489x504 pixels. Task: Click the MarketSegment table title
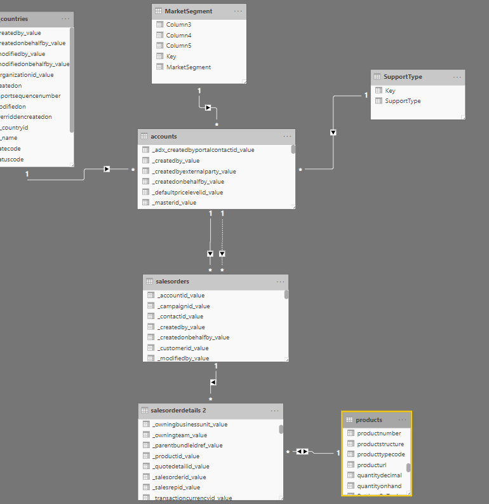click(x=188, y=11)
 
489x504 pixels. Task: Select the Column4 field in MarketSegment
click(x=179, y=35)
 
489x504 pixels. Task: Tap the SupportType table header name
click(x=403, y=77)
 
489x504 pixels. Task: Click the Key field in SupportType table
click(x=390, y=91)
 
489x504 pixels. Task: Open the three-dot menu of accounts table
click(x=288, y=136)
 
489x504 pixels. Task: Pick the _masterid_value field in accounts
click(x=175, y=203)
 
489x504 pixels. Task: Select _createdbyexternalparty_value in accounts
click(x=194, y=172)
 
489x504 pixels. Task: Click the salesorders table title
click(x=172, y=282)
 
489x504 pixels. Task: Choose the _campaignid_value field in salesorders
click(x=184, y=306)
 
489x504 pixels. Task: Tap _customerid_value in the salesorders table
click(x=183, y=348)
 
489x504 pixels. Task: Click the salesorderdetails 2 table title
click(x=178, y=411)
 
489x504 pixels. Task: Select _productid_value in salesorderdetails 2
click(x=176, y=456)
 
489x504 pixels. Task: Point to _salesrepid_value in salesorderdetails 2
click(x=176, y=487)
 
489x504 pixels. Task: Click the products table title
click(x=369, y=419)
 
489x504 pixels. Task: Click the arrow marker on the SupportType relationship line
click(x=333, y=132)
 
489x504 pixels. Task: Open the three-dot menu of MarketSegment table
click(x=238, y=11)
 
